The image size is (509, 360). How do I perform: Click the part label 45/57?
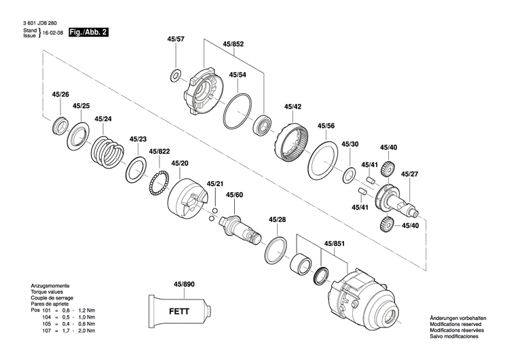pyautogui.click(x=175, y=40)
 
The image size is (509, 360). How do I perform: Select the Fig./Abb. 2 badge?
pyautogui.click(x=91, y=32)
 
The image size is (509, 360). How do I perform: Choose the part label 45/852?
pyautogui.click(x=233, y=44)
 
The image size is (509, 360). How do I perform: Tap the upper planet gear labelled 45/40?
pyautogui.click(x=388, y=170)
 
